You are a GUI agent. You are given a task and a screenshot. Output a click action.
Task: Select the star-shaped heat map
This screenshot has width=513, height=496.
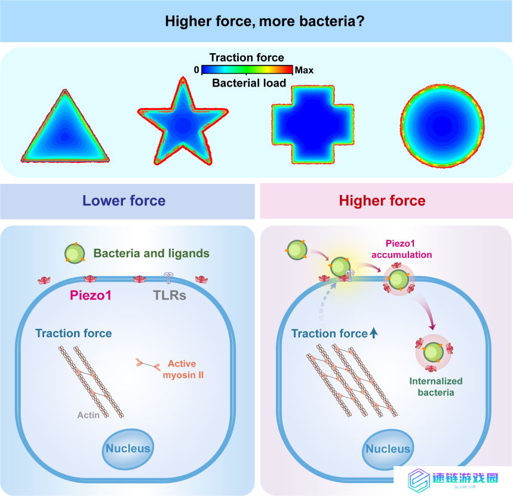183,124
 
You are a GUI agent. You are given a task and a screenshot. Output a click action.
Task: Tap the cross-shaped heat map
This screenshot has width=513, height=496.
313,125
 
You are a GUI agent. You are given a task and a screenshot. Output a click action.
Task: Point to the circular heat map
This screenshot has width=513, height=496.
443,126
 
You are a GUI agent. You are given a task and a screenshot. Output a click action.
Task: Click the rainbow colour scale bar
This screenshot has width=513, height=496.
247,70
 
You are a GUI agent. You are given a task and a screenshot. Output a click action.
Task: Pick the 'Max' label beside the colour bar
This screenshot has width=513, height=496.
304,70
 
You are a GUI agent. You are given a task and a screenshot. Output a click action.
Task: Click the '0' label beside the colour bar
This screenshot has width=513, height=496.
196,70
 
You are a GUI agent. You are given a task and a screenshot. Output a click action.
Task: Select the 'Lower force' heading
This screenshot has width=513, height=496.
124,201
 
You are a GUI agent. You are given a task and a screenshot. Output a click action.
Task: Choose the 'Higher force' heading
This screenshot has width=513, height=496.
382,201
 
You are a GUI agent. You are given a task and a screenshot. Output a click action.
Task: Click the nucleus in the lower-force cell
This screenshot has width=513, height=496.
128,449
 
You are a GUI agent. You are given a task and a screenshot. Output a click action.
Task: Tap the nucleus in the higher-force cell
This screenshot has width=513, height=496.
388,449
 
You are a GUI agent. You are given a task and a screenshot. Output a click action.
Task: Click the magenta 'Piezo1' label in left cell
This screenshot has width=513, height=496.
91,295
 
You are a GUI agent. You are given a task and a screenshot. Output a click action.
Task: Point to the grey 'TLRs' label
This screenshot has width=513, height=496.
170,295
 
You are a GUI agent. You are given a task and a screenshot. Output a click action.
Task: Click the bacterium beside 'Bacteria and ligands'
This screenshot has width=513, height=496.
75,253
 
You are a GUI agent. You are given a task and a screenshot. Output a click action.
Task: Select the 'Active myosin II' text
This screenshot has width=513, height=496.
183,369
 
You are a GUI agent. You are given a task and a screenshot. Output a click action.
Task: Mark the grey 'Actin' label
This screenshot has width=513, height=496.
88,415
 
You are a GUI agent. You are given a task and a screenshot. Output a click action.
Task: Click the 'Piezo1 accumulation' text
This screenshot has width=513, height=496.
401,249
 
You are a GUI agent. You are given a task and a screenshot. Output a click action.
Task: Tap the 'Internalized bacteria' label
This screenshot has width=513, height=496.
436,386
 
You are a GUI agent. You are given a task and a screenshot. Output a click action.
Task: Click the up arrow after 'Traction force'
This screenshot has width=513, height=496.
374,333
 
